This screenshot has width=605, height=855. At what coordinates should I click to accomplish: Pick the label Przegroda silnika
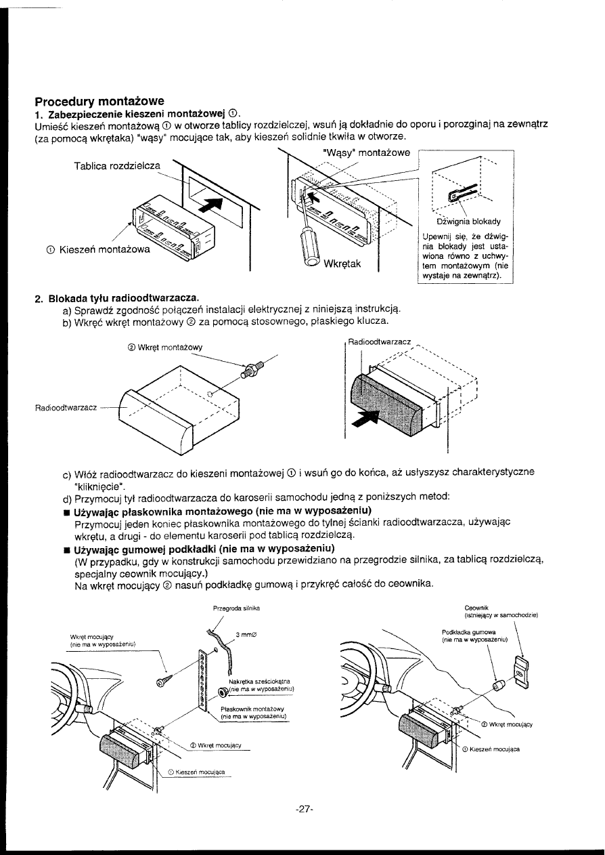coord(232,608)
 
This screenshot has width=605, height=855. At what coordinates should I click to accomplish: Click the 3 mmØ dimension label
coord(245,634)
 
